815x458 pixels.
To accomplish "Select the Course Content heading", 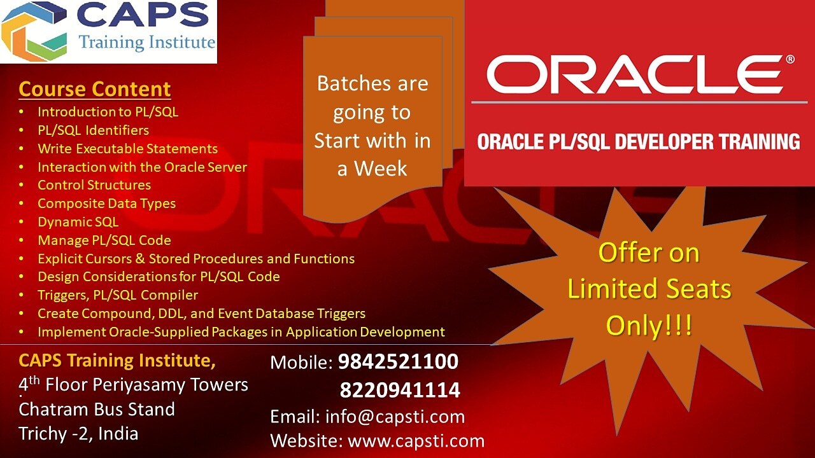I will (x=95, y=89).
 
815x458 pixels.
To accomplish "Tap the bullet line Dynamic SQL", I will (x=78, y=222).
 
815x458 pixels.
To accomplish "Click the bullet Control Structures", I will (x=94, y=185).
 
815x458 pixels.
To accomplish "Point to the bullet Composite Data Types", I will (x=106, y=204).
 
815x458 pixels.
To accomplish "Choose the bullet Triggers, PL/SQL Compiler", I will (x=118, y=295).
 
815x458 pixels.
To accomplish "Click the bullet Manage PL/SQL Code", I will (x=104, y=240).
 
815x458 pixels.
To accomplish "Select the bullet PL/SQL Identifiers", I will (x=93, y=130).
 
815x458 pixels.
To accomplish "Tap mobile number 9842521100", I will (x=398, y=362).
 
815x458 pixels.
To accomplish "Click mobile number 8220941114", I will (x=400, y=389).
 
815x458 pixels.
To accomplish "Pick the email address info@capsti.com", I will (x=395, y=417).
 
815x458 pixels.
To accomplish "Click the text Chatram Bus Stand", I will (x=97, y=409).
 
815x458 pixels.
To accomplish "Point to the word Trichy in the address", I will (x=43, y=434).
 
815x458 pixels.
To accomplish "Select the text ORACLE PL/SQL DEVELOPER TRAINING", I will (x=639, y=141).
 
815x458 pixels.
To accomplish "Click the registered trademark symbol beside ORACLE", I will (x=790, y=59).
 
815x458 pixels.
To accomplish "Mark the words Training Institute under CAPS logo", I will (x=146, y=43).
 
